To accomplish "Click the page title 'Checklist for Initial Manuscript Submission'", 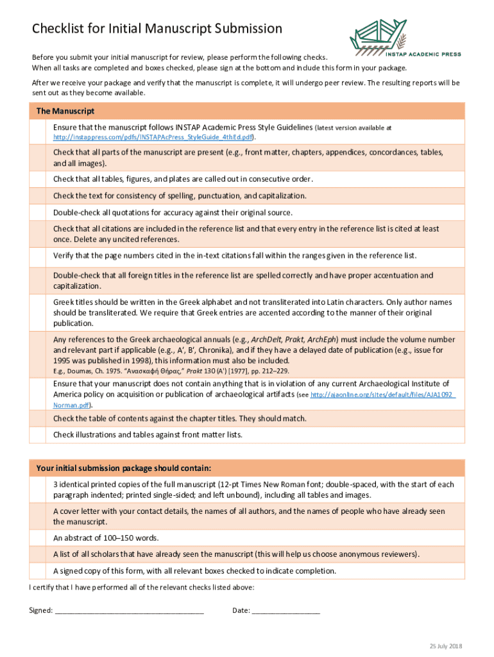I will coord(157,28).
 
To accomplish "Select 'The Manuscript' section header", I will coord(65,111).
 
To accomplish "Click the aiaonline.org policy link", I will coord(382,395).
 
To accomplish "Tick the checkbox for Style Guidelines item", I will coord(40,132).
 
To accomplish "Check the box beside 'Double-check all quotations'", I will coord(40,212).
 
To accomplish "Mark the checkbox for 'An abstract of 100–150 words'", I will coord(40,538).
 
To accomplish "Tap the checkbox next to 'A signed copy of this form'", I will coord(40,570).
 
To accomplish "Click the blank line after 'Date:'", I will coord(285,610).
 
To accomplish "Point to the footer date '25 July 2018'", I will coord(446,645).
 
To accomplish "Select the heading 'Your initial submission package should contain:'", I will coord(124,467).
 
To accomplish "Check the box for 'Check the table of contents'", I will coord(40,418).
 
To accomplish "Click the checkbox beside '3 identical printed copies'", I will coord(40,490).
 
